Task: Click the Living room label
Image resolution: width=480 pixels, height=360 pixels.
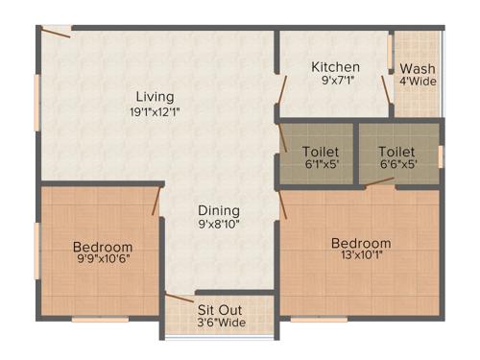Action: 154,96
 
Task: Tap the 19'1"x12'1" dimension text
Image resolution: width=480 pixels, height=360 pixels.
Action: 154,110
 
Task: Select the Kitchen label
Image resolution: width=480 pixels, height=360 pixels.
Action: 335,67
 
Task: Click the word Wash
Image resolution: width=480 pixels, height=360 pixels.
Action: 417,68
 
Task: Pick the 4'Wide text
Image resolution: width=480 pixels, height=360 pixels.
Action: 418,82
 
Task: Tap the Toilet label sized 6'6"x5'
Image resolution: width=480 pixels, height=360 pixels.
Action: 396,152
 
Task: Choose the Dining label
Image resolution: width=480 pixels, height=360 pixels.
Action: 219,210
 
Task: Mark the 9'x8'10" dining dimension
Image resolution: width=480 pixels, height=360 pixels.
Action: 219,225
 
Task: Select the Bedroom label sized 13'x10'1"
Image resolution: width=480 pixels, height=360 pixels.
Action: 361,243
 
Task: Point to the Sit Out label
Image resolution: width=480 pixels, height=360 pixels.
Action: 220,310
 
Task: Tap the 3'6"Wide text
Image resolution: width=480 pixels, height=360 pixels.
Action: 220,324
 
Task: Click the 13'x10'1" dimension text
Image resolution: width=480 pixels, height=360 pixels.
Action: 361,256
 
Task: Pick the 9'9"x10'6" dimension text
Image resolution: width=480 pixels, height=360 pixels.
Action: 103,259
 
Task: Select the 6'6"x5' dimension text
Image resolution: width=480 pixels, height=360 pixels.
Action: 396,164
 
